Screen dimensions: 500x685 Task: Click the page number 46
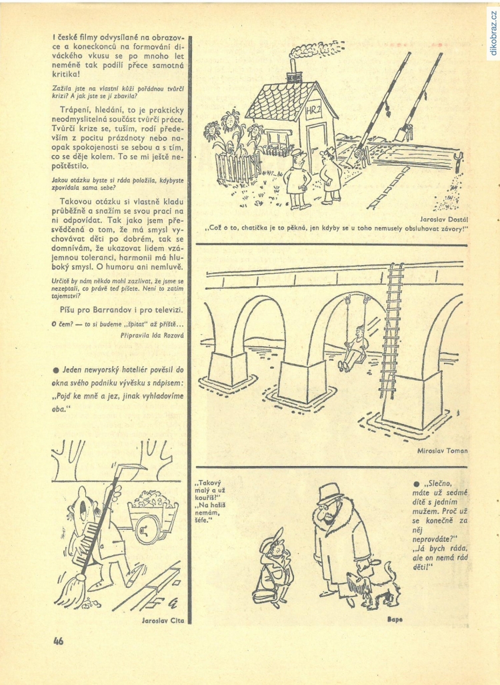click(58, 641)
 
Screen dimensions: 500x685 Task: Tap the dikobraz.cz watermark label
click(493, 33)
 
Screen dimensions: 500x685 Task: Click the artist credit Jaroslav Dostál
click(444, 219)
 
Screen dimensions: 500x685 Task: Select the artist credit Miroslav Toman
click(442, 451)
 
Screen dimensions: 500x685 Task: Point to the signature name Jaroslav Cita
click(163, 620)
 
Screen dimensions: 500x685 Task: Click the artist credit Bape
click(395, 620)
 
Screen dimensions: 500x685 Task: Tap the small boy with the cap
click(274, 567)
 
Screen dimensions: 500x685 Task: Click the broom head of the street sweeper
click(71, 590)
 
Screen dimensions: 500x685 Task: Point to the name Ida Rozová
click(169, 336)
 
